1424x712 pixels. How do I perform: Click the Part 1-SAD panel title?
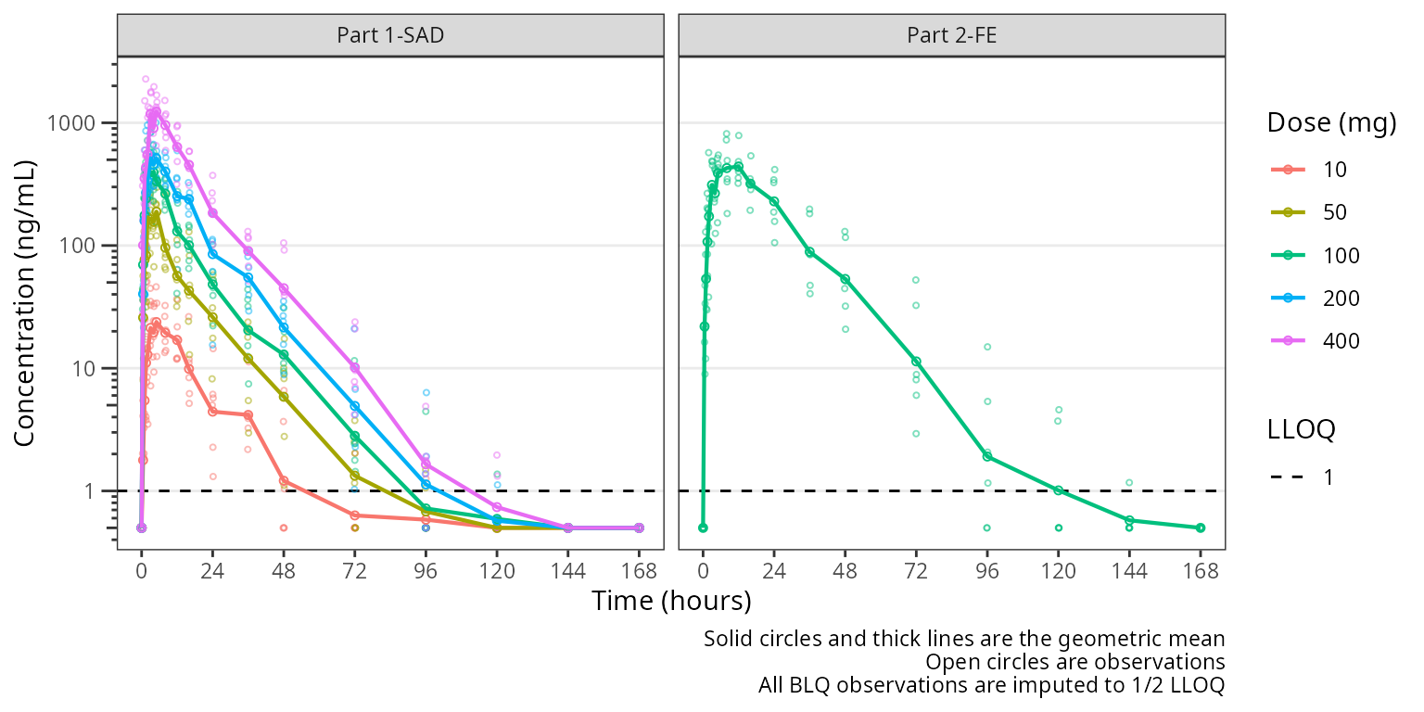[390, 36]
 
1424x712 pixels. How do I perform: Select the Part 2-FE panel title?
[952, 36]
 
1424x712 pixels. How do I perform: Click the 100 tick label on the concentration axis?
[86, 246]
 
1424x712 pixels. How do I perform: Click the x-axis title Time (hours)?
[671, 602]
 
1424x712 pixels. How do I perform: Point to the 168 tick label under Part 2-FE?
[1201, 570]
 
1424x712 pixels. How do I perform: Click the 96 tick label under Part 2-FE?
[987, 570]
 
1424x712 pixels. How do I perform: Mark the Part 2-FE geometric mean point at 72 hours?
[916, 362]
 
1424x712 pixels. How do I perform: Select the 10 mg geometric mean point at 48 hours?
[284, 480]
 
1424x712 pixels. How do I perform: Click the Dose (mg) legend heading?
[1332, 124]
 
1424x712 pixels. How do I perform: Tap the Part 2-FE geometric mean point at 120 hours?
[1059, 489]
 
